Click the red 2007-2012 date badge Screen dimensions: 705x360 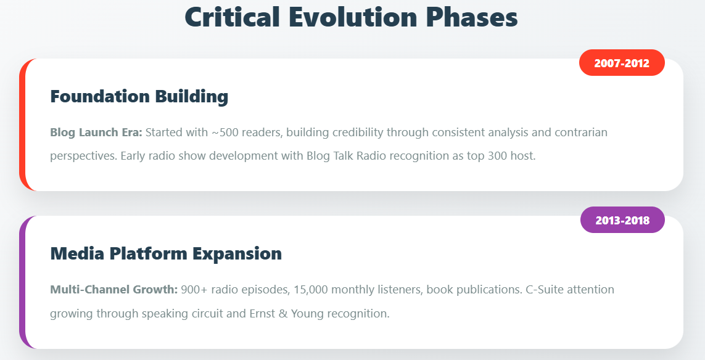click(622, 62)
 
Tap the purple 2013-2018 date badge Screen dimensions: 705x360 click(623, 220)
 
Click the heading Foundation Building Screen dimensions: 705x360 click(139, 97)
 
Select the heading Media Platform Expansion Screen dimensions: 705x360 click(166, 253)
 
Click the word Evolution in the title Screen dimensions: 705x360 click(352, 17)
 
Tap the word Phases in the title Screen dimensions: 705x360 click(472, 18)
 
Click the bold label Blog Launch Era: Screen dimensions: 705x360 click(96, 133)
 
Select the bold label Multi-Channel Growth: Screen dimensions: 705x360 click(114, 290)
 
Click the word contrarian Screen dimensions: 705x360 click(581, 133)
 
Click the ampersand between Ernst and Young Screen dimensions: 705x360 click(283, 313)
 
